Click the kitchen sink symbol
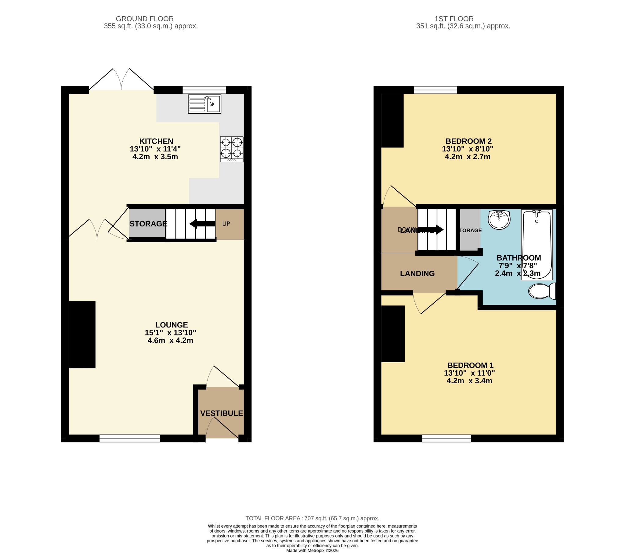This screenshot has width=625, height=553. (x=204, y=104)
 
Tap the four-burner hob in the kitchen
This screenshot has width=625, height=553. (x=231, y=149)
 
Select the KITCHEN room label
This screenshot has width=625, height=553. (x=156, y=141)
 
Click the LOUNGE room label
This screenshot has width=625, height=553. (x=171, y=325)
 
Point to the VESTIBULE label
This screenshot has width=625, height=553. (x=221, y=413)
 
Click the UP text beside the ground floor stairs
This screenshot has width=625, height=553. (x=226, y=224)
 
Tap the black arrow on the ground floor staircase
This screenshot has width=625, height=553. (x=202, y=224)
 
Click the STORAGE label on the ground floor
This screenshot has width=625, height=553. (x=148, y=224)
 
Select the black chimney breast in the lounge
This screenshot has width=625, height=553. (x=82, y=334)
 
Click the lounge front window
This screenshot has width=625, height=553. (x=130, y=438)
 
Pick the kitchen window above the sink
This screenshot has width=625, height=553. (x=204, y=90)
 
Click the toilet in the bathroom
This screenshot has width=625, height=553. (x=541, y=291)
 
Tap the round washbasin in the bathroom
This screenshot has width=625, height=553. (x=499, y=220)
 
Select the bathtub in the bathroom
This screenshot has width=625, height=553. (x=536, y=245)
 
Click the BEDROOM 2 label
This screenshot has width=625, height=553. (x=468, y=141)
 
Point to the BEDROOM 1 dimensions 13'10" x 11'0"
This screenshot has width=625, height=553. (x=469, y=373)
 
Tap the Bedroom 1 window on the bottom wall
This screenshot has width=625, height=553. (x=446, y=438)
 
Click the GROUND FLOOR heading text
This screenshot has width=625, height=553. (x=145, y=19)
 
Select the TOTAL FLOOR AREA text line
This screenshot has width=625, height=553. (x=312, y=519)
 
